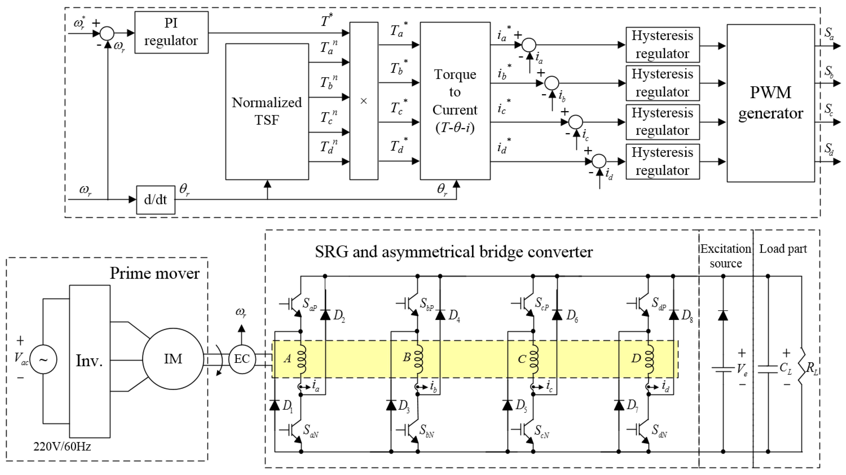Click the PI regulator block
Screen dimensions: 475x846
pos(171,32)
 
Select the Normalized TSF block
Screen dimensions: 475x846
pos(267,112)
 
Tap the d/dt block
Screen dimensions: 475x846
pos(155,199)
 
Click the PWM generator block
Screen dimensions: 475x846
pos(771,103)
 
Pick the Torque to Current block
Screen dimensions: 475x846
pos(455,101)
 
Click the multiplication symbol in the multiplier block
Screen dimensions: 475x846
pos(364,101)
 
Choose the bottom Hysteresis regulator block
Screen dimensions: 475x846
pos(662,161)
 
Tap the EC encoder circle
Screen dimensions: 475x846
pos(242,359)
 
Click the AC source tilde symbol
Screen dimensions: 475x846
pos(43,359)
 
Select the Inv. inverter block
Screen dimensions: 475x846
pos(89,361)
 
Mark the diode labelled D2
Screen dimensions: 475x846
pos(325,315)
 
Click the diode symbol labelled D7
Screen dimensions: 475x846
pos(619,405)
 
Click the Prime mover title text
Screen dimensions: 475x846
pos(154,273)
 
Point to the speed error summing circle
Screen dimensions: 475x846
pos(107,33)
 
